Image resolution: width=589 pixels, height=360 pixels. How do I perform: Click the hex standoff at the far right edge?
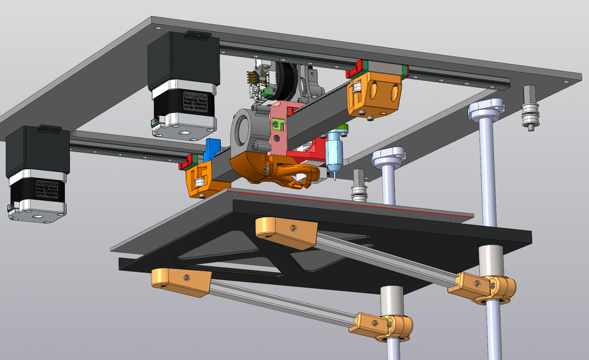point(531,108)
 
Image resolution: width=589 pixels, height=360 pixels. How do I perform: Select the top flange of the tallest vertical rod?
point(486,109)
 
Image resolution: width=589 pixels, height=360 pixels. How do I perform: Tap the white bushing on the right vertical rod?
point(491,260)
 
